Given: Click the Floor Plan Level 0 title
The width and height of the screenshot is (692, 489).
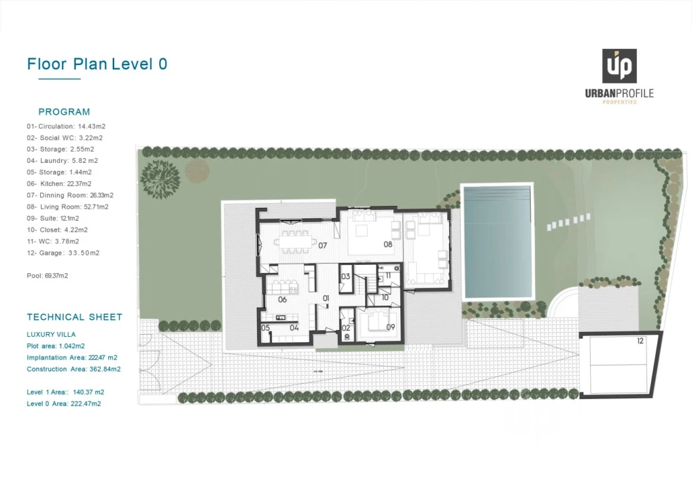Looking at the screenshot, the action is [97, 64].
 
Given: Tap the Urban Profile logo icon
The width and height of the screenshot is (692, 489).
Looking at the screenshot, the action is [619, 66].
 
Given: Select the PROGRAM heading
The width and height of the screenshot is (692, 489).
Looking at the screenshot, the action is [64, 112].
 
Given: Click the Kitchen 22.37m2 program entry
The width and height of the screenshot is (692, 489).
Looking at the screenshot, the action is [59, 184].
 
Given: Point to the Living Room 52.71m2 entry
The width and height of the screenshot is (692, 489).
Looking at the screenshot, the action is [67, 206].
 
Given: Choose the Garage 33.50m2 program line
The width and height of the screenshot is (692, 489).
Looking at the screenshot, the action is [63, 253].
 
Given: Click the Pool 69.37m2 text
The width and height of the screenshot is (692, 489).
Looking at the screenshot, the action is [47, 276].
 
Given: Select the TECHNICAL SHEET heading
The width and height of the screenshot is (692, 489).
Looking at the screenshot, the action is [75, 317].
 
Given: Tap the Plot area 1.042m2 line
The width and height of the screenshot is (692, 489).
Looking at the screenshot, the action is [56, 346].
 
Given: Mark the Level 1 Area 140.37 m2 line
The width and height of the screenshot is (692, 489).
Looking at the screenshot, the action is [65, 392].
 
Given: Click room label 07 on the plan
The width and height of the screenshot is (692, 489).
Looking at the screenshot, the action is [323, 246].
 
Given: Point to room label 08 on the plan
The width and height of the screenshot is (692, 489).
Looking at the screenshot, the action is [388, 244].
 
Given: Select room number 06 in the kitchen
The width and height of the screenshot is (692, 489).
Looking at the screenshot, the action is [283, 300].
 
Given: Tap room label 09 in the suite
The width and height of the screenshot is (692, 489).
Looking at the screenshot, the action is [391, 327].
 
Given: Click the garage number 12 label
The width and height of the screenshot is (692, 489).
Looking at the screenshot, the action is [640, 341].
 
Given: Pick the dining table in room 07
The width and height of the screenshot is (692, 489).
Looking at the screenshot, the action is [295, 242].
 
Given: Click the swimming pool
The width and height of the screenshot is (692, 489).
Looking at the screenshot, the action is [497, 242].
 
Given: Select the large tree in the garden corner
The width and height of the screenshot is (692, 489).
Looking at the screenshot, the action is [160, 179].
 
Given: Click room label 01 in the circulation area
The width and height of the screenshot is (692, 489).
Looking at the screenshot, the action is [326, 299].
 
